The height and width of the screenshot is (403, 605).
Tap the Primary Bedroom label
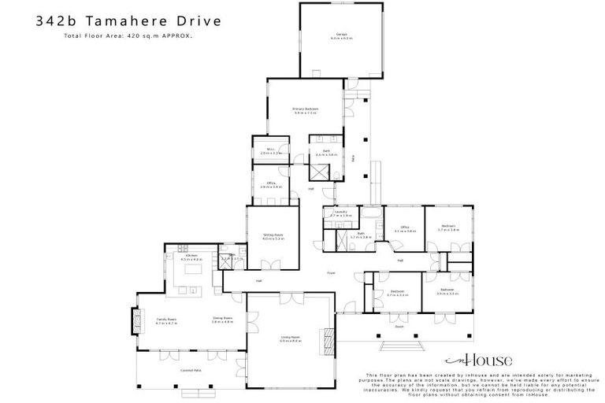click(305, 109)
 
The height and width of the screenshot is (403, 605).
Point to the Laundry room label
click(340, 213)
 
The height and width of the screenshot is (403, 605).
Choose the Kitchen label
click(192, 257)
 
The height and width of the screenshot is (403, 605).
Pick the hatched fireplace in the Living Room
click(322, 341)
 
